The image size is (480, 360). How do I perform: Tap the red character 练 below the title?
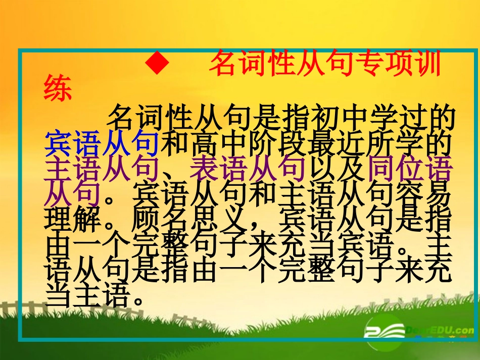[x=59, y=89]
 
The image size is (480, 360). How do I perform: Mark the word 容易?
[x=420, y=194]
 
